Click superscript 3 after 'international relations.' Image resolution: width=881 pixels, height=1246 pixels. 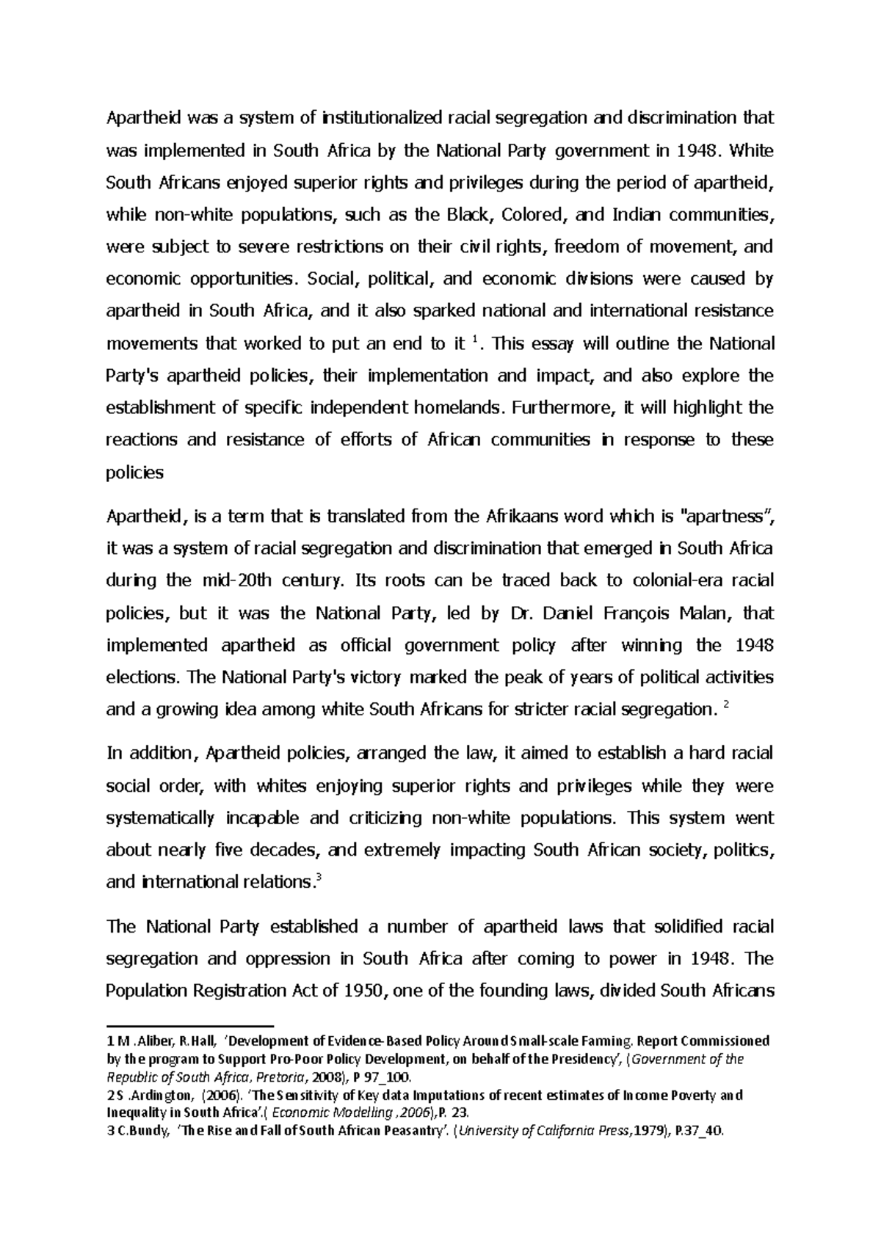316,878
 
